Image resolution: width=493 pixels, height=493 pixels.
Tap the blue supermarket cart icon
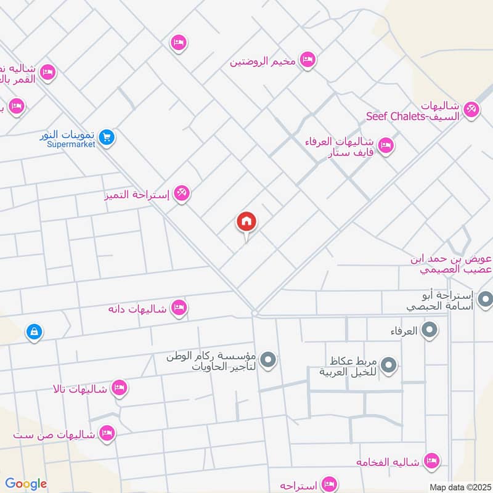tap(107, 138)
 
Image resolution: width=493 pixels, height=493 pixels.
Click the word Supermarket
tap(74, 144)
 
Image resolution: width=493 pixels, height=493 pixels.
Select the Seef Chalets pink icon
tap(471, 109)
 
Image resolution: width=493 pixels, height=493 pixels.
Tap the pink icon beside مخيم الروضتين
tap(307, 60)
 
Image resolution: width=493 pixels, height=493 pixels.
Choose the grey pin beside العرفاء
tap(429, 331)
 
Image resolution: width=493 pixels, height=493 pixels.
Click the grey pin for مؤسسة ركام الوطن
tap(267, 359)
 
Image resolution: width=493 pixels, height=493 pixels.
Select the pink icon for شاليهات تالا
tap(120, 388)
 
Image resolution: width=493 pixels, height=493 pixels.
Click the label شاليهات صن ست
tap(55, 435)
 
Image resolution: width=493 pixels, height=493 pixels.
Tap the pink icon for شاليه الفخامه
tap(433, 460)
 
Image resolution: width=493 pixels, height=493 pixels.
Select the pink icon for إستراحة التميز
tap(181, 194)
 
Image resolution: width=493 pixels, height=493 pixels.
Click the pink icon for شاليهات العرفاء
tap(386, 146)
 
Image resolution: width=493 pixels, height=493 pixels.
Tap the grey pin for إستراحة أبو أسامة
tap(485, 300)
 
